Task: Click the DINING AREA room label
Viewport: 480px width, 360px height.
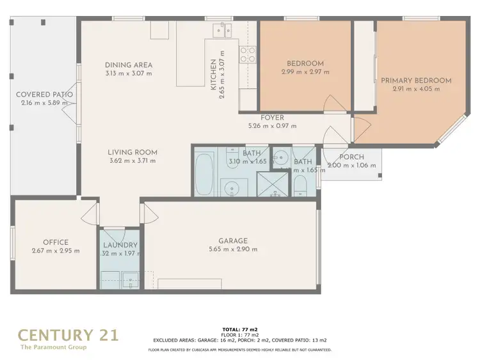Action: pyautogui.click(x=129, y=65)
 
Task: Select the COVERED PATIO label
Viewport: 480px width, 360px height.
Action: pyautogui.click(x=44, y=95)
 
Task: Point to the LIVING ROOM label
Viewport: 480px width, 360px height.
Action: pyautogui.click(x=132, y=152)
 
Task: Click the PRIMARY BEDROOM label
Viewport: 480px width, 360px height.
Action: pyautogui.click(x=416, y=81)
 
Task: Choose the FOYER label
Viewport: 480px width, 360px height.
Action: pyautogui.click(x=272, y=118)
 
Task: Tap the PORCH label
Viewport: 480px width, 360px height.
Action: pyautogui.click(x=351, y=157)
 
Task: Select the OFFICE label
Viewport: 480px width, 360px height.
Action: pyautogui.click(x=56, y=242)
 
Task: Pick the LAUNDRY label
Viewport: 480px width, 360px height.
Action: pyautogui.click(x=120, y=245)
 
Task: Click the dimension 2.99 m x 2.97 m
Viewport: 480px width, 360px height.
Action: pyautogui.click(x=305, y=72)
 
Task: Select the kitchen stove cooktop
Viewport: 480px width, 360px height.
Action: pyautogui.click(x=247, y=54)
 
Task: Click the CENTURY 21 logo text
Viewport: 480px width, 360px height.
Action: pyautogui.click(x=68, y=334)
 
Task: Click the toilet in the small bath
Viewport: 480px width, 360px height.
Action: pyautogui.click(x=301, y=185)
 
